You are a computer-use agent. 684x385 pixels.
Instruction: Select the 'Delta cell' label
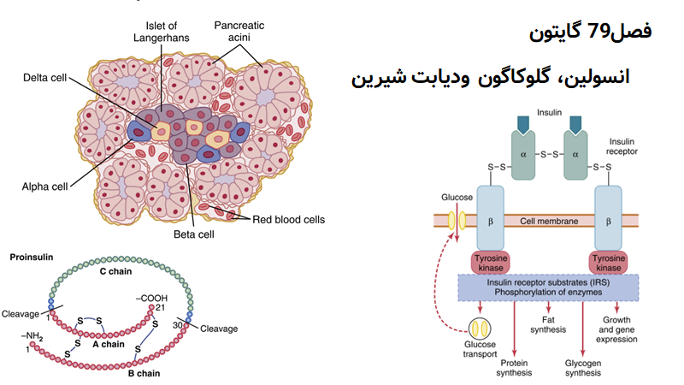(x=44, y=79)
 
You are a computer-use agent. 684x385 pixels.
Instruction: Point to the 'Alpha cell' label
(x=44, y=184)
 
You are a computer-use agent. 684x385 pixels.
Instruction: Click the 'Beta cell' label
(x=191, y=234)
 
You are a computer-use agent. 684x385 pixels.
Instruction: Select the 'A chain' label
(x=107, y=344)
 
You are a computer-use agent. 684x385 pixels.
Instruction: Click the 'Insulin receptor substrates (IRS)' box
(x=548, y=287)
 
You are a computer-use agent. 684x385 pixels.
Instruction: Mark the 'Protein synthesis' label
(x=515, y=367)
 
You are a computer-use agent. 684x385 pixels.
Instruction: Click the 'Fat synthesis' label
(x=547, y=324)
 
